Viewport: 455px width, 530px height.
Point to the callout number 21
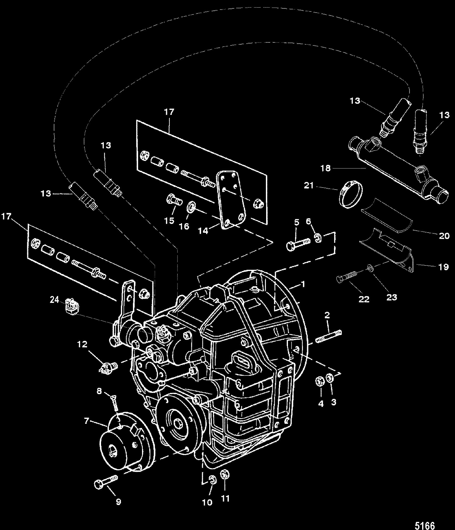309,186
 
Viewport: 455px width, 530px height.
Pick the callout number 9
118,502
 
